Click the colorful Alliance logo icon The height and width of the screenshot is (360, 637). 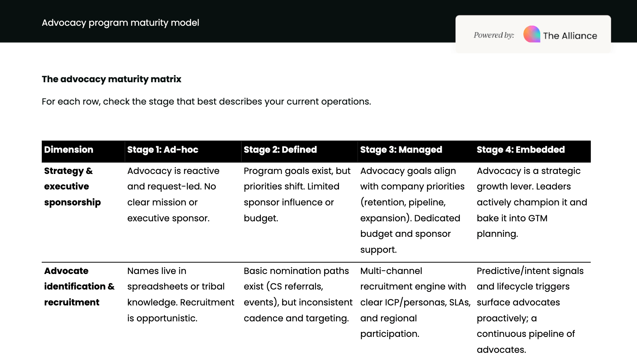(532, 34)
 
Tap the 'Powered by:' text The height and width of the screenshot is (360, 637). (494, 35)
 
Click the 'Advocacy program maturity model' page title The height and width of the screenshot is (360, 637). (120, 23)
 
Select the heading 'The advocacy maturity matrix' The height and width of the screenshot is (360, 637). (111, 79)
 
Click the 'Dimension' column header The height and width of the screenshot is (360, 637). (69, 150)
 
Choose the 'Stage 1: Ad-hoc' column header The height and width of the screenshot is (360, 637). (163, 150)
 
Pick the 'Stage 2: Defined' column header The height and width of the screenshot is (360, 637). (280, 150)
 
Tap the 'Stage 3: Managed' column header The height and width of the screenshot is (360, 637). (401, 150)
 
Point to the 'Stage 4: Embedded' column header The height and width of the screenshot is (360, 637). (521, 150)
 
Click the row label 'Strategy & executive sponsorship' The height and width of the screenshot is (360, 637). (72, 186)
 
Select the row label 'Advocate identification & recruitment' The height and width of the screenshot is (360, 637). (79, 286)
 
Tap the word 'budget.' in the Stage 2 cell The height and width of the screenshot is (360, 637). (261, 218)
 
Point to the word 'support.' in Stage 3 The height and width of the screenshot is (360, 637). (378, 250)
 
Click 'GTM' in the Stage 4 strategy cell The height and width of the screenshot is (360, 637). (537, 218)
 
